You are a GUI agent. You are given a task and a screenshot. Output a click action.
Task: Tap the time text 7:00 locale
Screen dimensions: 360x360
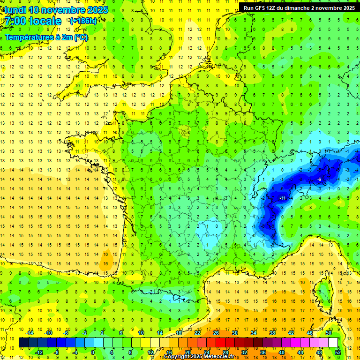pos(33,21)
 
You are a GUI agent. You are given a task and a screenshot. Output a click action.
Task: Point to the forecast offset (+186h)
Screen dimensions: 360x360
pos(83,21)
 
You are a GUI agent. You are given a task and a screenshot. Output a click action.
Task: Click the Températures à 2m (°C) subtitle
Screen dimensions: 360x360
pos(46,37)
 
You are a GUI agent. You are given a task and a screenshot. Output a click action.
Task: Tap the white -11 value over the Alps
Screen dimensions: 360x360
pos(282,199)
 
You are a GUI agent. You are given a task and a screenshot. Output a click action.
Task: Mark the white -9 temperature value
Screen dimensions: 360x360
pos(319,180)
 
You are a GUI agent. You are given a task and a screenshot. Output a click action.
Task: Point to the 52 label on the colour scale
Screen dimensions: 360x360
pos(338,352)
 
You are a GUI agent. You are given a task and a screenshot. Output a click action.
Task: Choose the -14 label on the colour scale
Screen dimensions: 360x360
pos(30,333)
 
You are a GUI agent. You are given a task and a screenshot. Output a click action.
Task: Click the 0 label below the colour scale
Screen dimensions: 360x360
pos(93,352)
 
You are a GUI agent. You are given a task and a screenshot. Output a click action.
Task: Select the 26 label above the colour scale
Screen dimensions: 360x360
pos(216,333)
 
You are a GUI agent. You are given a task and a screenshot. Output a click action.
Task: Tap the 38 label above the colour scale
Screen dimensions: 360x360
pos(272,333)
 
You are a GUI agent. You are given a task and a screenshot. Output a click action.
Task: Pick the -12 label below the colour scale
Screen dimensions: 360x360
pos(39,352)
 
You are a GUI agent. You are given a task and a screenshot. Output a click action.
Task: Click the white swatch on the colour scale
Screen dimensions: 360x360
pos(333,342)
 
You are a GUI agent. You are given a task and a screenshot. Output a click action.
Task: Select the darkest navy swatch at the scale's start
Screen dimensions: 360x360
pos(23,342)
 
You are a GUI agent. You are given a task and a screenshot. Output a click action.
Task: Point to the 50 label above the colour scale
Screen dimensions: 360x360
pos(328,333)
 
